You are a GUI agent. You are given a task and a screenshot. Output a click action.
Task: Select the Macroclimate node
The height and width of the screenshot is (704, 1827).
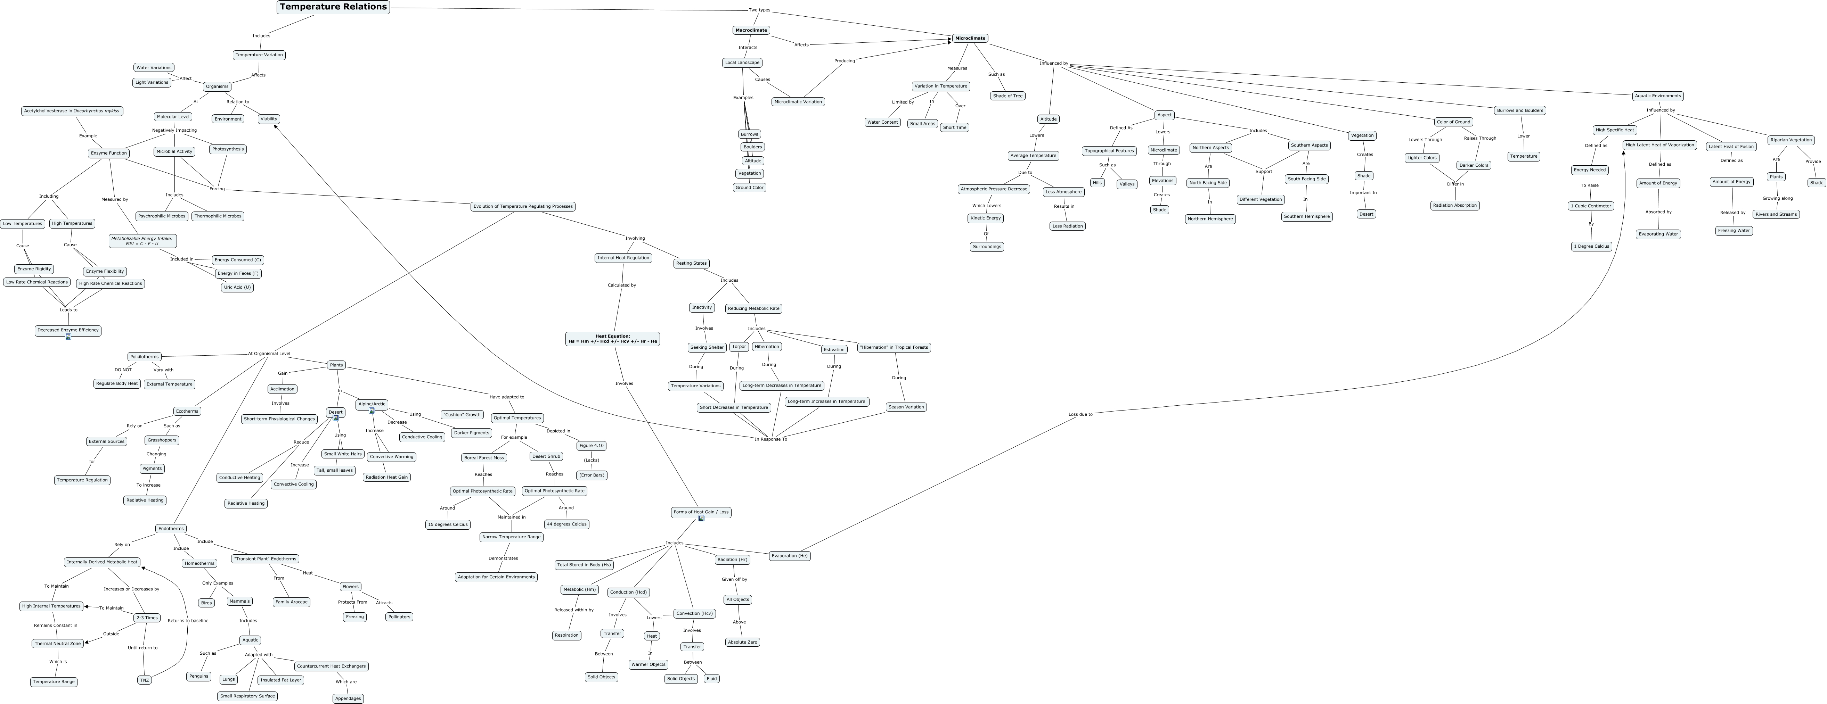751,31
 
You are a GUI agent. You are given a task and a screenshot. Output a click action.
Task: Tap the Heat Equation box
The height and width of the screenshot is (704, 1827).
613,339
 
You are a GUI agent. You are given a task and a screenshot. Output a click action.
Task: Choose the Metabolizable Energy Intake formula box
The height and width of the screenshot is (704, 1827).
142,241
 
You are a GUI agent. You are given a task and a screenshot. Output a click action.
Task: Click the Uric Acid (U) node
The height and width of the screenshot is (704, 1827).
237,287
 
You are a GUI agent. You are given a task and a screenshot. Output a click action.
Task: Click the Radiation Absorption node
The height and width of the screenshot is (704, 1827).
1455,206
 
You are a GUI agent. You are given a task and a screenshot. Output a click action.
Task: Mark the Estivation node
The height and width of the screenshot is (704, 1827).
834,349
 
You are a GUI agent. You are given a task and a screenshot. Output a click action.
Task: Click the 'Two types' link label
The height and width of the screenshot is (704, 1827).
760,10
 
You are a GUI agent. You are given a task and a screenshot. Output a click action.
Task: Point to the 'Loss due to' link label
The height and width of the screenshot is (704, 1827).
1080,414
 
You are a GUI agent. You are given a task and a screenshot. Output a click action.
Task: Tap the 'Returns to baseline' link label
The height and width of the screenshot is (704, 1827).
188,620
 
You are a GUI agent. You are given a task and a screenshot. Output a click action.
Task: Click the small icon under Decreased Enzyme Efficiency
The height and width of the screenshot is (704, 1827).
68,337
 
